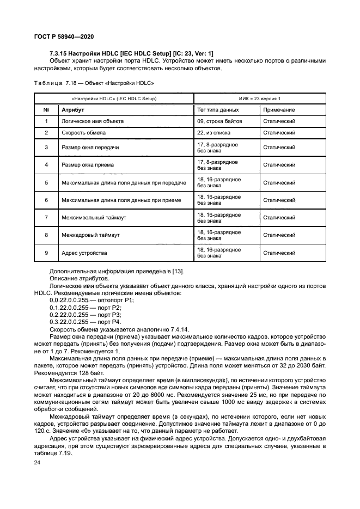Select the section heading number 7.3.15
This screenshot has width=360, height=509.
coord(59,52)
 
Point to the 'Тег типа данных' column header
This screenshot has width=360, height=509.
coord(218,110)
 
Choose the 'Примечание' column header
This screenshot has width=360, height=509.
coord(279,110)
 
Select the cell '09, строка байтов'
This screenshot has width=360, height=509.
coord(219,121)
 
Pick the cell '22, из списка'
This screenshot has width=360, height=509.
coord(213,132)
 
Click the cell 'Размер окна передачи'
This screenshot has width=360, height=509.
coord(90,147)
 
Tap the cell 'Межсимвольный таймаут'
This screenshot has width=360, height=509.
coord(94,218)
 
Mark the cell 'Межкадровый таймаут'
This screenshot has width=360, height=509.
coord(90,235)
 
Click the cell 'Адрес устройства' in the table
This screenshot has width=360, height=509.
coord(84,253)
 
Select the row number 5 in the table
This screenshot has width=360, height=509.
coord(46,182)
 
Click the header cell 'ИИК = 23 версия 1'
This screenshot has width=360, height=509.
coord(260,99)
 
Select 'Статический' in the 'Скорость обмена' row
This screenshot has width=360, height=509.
coord(279,132)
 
